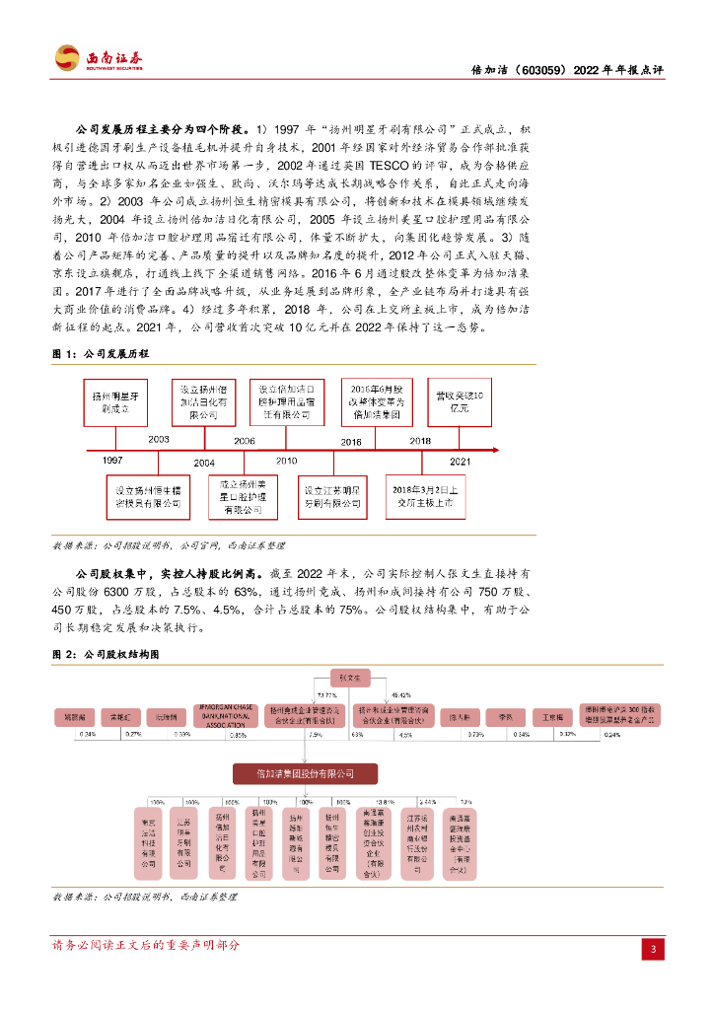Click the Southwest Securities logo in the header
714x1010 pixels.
click(98, 58)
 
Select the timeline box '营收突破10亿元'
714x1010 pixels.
click(459, 401)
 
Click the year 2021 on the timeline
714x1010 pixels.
click(460, 461)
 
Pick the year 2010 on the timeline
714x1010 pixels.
click(286, 461)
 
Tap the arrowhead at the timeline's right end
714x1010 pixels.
click(500, 450)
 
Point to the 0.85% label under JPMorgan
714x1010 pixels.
click(237, 735)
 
